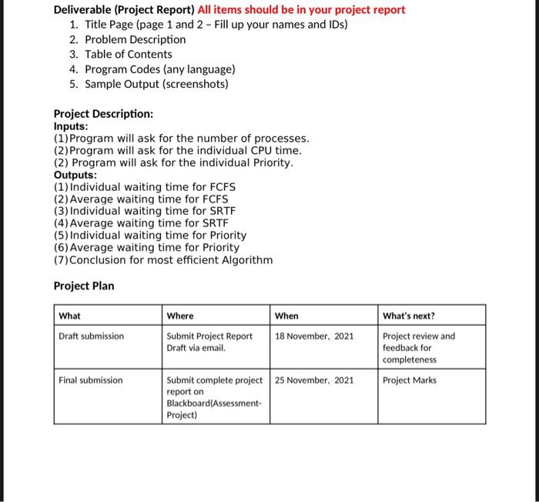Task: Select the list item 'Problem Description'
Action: [135, 39]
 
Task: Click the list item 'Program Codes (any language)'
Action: [154, 69]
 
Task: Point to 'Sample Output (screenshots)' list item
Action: [156, 84]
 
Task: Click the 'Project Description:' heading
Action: [103, 114]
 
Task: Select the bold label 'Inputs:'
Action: [71, 126]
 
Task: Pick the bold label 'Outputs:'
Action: [75, 175]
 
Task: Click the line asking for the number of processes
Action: [181, 139]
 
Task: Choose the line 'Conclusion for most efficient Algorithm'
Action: [162, 259]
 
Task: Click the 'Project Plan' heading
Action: [84, 286]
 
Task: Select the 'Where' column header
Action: [180, 316]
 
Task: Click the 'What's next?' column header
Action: [408, 316]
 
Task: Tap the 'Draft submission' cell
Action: [91, 336]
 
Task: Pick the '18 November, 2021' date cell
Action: [314, 336]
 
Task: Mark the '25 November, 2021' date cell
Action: [314, 380]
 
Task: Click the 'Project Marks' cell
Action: [409, 380]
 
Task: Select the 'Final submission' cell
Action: [90, 380]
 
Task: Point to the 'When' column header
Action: [286, 316]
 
